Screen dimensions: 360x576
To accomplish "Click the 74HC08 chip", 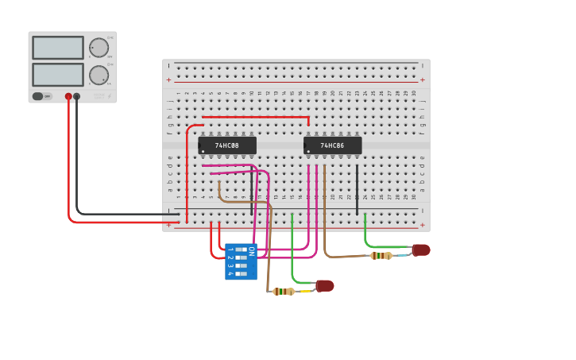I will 227,145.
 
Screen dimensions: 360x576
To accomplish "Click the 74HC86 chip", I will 333,145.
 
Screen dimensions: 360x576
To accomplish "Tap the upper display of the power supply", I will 57,48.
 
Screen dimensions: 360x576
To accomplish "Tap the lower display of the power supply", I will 57,75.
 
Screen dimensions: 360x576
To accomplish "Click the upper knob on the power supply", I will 99,48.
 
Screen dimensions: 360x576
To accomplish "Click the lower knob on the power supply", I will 99,75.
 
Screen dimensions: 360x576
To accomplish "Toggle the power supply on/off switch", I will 38,96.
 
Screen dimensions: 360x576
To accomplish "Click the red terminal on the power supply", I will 68,96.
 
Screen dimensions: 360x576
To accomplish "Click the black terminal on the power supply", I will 77,96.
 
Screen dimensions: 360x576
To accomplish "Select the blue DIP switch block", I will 241,261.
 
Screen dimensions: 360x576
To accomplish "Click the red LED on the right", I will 421,250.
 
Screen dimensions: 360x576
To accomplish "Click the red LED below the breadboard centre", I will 325,286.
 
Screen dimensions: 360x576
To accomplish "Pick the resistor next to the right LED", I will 381,255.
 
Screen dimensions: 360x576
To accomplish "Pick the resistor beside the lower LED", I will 284,292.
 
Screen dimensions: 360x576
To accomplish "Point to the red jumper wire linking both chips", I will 254,118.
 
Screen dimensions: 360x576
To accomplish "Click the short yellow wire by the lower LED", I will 305,291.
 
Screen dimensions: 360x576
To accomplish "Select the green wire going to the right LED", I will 366,234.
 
